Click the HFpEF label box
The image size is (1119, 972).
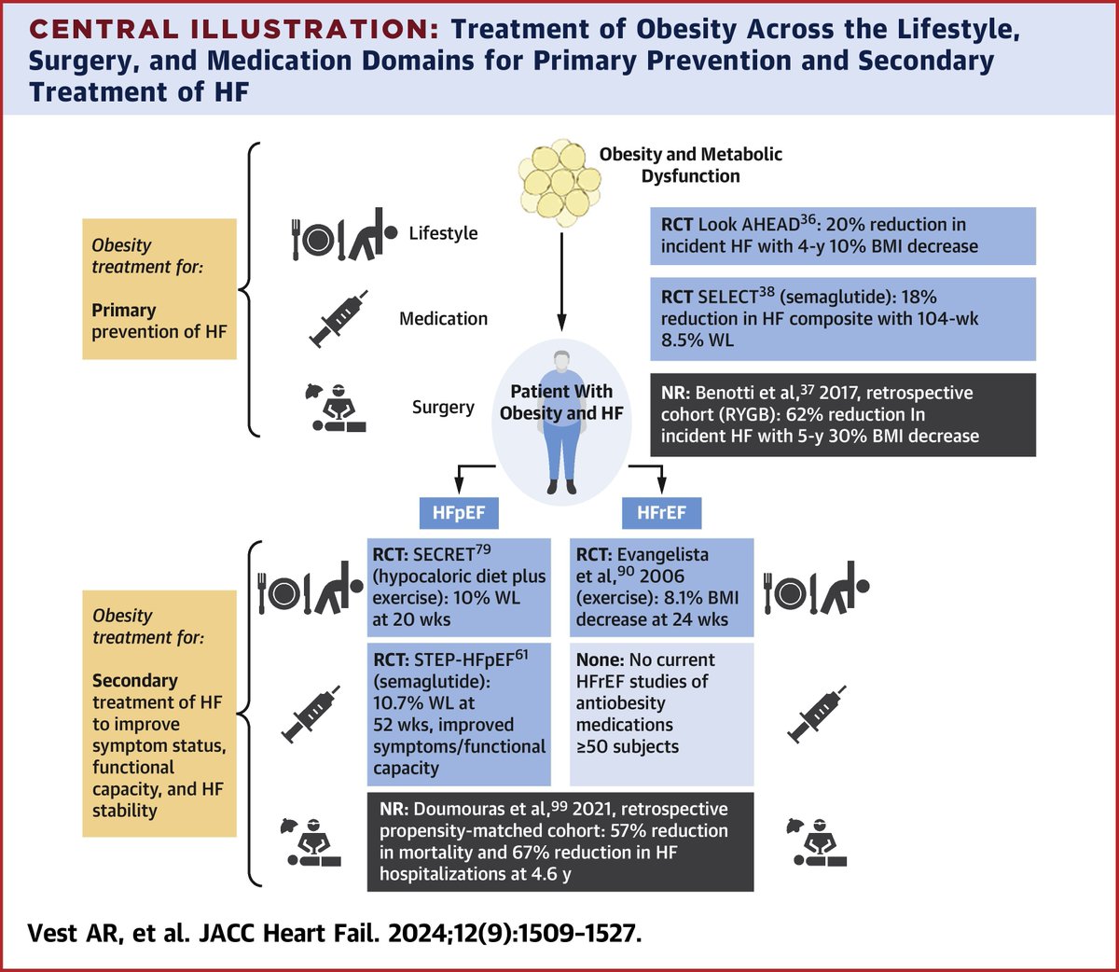click(459, 512)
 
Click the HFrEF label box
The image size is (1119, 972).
click(661, 512)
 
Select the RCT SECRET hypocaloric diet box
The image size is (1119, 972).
click(459, 587)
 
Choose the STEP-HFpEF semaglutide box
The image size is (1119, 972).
click(459, 714)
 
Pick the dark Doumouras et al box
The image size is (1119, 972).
click(559, 841)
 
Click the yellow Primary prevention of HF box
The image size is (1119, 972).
click(159, 289)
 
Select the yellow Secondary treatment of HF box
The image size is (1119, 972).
click(159, 714)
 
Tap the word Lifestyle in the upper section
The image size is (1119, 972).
click(443, 233)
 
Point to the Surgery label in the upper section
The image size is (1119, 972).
click(443, 408)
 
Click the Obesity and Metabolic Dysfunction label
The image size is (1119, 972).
click(690, 165)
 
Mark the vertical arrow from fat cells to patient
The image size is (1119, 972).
click(561, 280)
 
